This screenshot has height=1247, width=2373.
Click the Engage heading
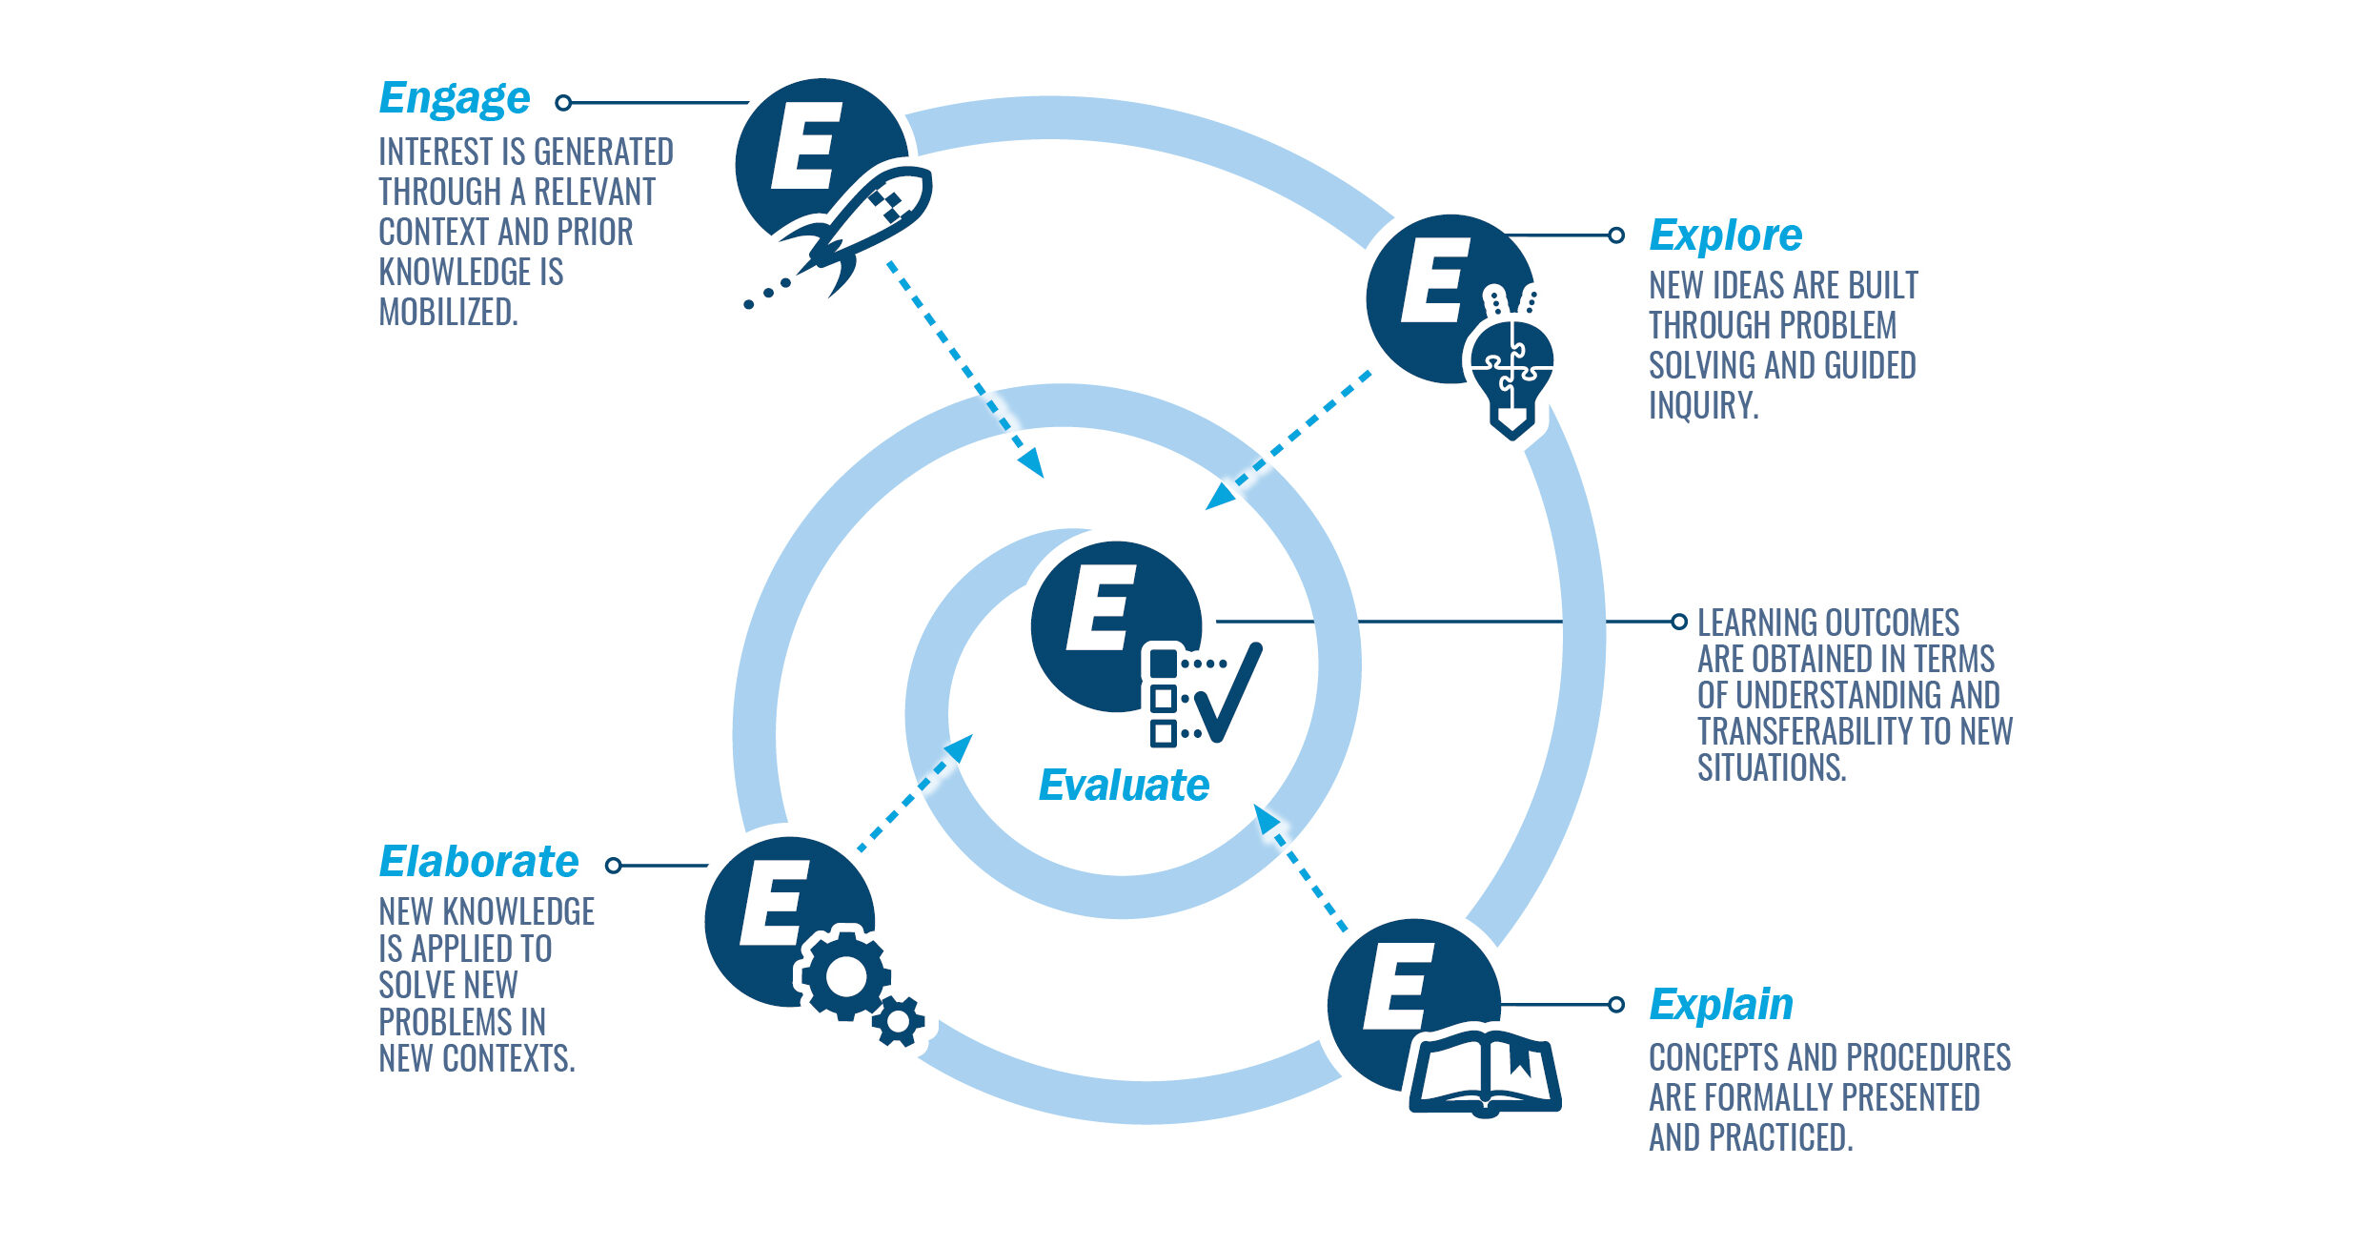pyautogui.click(x=454, y=99)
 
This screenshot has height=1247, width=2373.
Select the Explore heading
pyautogui.click(x=1725, y=235)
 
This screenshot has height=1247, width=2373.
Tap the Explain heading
pyautogui.click(x=1720, y=1005)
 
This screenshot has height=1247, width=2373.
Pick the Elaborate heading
pyautogui.click(x=478, y=862)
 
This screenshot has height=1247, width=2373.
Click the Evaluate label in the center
pyautogui.click(x=1124, y=786)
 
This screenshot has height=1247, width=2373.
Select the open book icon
pyautogui.click(x=1484, y=1073)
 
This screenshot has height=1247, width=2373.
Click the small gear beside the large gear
pyautogui.click(x=898, y=1021)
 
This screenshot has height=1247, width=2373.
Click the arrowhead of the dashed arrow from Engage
pyautogui.click(x=1032, y=463)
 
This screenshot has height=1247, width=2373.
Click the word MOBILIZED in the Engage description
pyautogui.click(x=448, y=313)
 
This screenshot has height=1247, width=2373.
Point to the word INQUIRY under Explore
pyautogui.click(x=1703, y=406)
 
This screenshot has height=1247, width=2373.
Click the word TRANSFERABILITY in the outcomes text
pyautogui.click(x=1805, y=731)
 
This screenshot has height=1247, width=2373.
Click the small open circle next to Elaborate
pyautogui.click(x=614, y=866)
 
